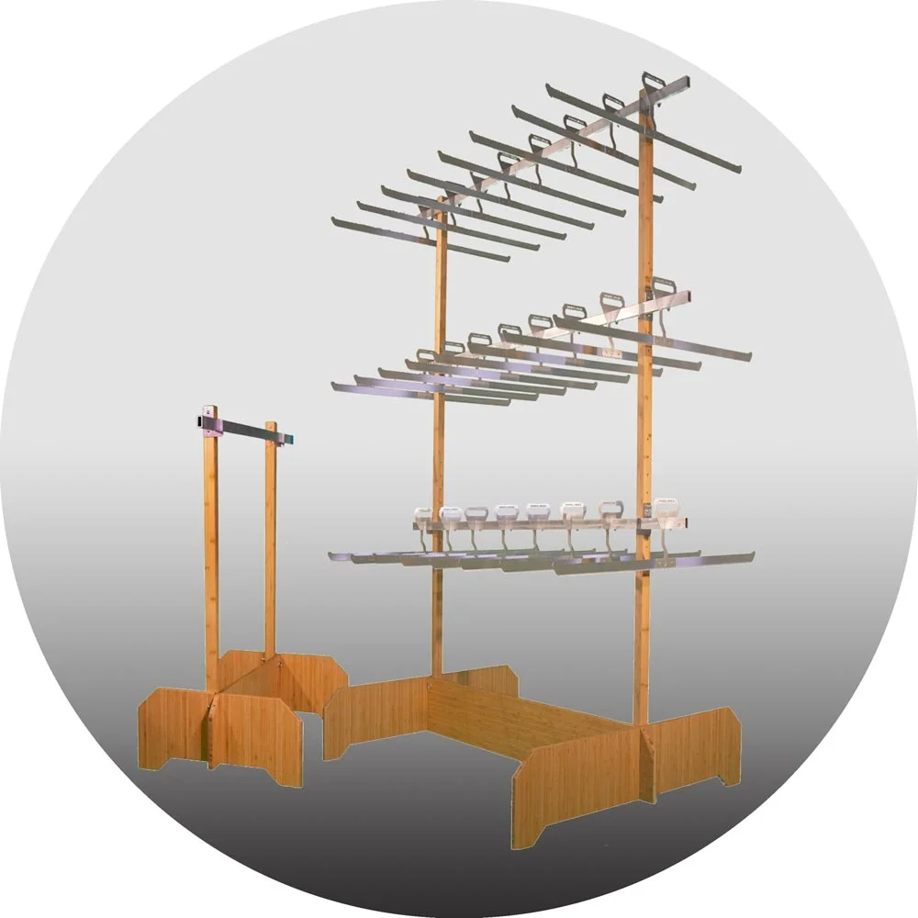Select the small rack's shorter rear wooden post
(270, 542)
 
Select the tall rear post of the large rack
(440, 459)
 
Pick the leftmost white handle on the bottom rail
(423, 514)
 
